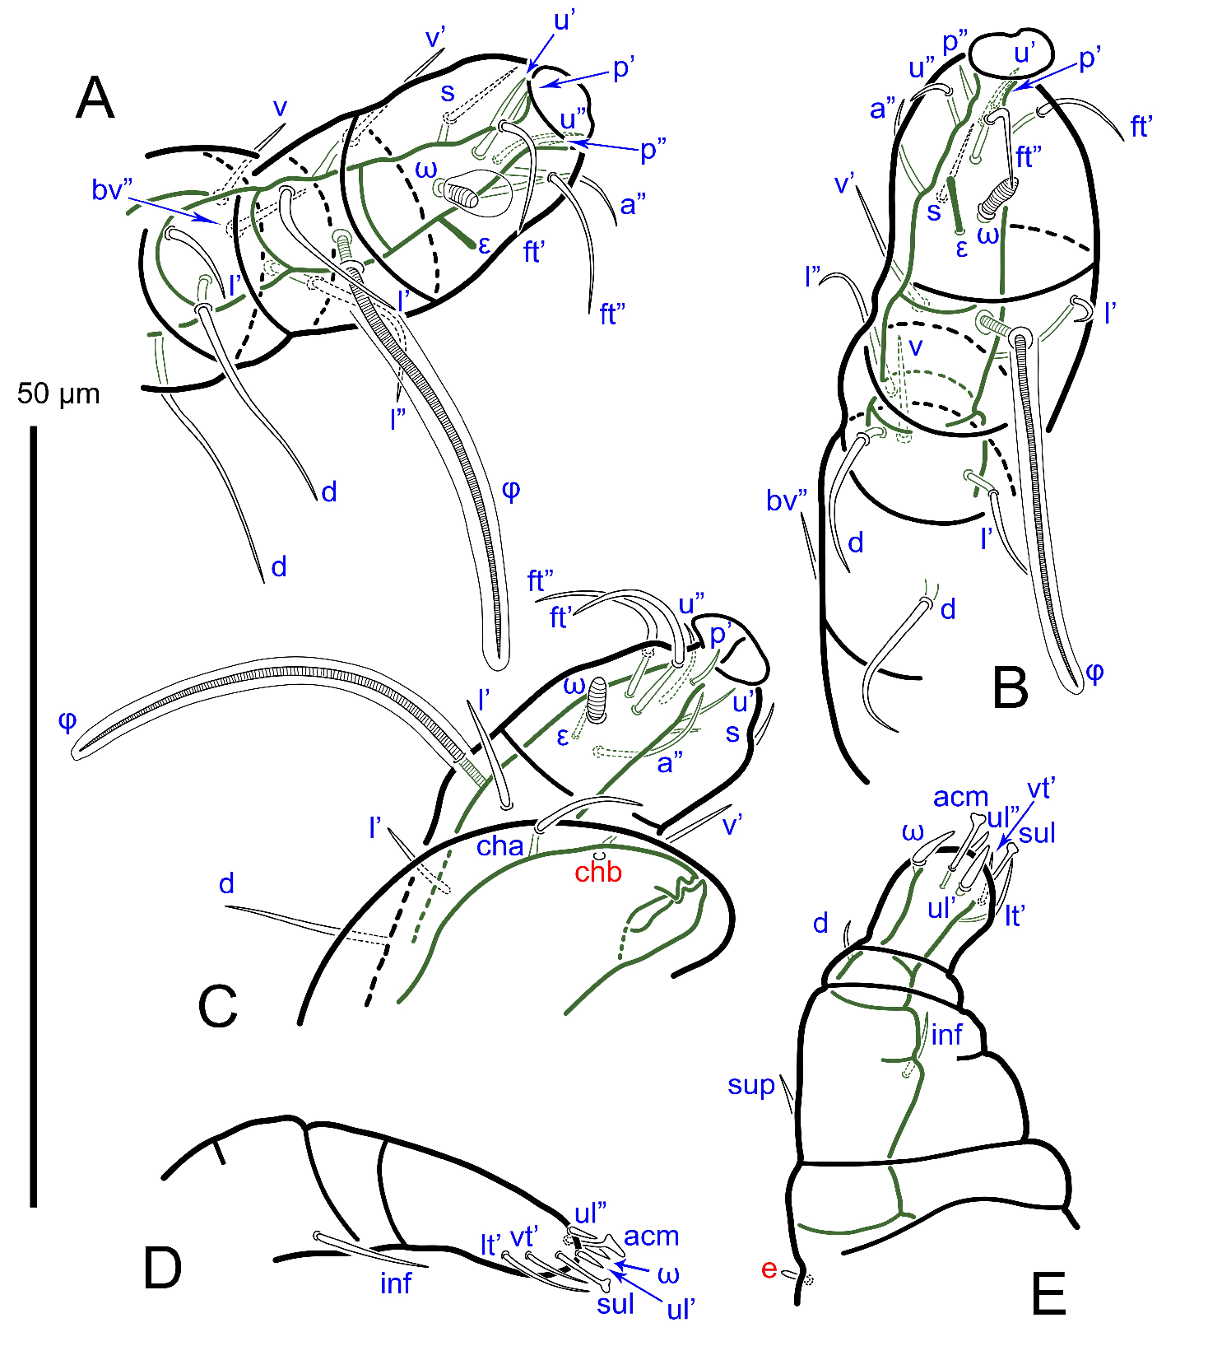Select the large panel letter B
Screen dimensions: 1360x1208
(1011, 687)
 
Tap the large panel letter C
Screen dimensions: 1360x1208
(218, 1006)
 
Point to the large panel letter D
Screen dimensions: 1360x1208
(162, 1269)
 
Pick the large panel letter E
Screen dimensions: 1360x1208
(1048, 1294)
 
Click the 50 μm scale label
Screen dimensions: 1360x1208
(58, 394)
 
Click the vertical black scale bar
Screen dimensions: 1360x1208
(34, 816)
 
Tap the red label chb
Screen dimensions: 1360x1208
(598, 873)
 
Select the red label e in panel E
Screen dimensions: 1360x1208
(769, 1269)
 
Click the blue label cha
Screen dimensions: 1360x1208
(499, 846)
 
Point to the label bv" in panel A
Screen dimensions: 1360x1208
(112, 190)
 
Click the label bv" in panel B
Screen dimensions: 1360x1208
(787, 501)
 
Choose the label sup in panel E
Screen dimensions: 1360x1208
(751, 1086)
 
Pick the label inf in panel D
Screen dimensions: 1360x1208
(396, 1283)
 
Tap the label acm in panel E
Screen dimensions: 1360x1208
(960, 797)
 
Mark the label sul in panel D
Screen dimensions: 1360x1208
(616, 1304)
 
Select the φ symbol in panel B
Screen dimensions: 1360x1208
(1094, 673)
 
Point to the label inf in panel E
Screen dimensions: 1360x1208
(946, 1035)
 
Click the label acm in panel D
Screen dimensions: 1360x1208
(651, 1236)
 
